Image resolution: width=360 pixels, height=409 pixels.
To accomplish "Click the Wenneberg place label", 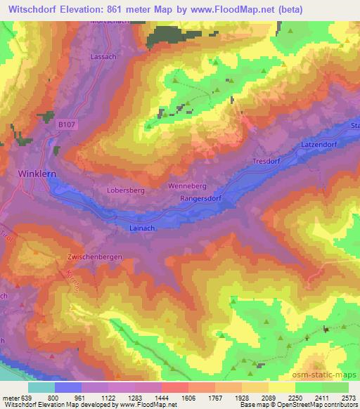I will (186, 186).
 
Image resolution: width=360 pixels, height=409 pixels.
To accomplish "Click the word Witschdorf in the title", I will (34, 6).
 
